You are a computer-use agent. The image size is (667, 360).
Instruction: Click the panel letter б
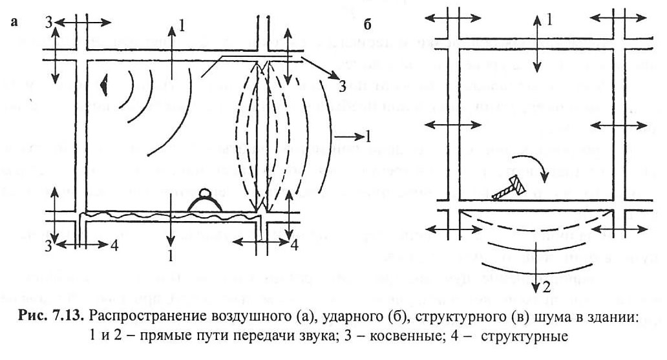[368, 25]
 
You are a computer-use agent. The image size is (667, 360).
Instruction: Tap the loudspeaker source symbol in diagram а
[104, 84]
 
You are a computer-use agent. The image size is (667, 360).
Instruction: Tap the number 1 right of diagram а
[367, 136]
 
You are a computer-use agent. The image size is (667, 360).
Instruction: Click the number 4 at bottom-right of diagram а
[294, 245]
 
